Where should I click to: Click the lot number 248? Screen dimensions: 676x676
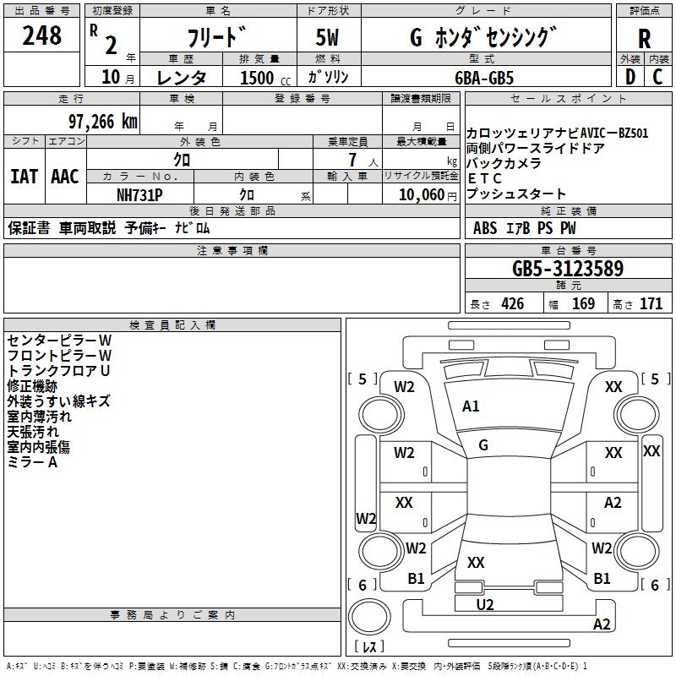point(42,36)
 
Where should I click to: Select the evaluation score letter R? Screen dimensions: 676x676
point(644,39)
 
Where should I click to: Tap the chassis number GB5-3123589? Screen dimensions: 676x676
point(568,269)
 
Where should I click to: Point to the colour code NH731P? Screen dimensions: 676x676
point(140,194)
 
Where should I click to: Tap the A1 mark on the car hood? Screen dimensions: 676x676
point(471,406)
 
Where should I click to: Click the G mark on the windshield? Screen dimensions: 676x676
point(483,445)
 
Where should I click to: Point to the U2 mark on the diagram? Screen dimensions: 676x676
point(485,604)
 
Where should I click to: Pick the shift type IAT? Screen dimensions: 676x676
point(25,177)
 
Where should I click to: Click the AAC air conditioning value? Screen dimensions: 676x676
point(65,177)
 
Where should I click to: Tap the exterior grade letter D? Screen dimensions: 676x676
point(630,77)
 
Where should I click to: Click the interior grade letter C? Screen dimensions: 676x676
point(658,77)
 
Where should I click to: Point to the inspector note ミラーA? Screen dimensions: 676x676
point(32,462)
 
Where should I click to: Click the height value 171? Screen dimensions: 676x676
point(651,303)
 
